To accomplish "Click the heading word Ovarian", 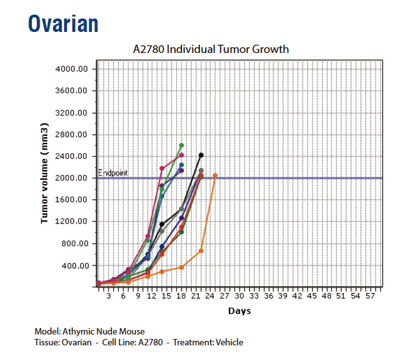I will [x=63, y=24].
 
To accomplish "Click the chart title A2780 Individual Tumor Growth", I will [x=210, y=49].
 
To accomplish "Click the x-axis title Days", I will [x=240, y=311].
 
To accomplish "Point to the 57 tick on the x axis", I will [x=370, y=297].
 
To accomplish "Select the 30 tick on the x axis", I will [x=240, y=297].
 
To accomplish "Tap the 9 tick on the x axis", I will [x=138, y=297].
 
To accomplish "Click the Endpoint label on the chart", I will [x=113, y=173].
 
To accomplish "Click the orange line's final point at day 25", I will [x=215, y=175].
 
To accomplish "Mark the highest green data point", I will [x=181, y=146].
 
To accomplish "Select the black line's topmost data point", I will [x=201, y=155].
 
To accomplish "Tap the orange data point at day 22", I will [x=201, y=251].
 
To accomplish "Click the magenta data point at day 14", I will [x=162, y=169].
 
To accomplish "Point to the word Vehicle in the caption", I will [x=229, y=343].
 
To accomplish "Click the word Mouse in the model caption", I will [x=132, y=332].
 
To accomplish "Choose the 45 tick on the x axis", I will [x=312, y=297].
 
